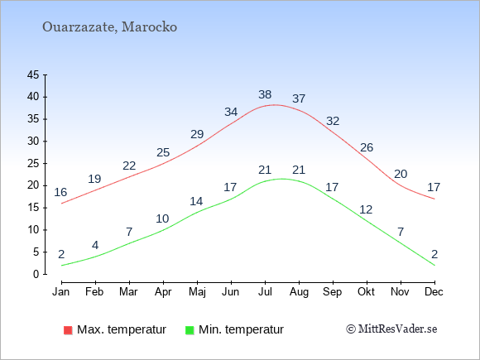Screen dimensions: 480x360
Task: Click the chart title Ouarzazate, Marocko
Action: (x=109, y=27)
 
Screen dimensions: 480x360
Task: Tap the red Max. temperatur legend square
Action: (x=68, y=330)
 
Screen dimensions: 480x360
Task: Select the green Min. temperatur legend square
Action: (x=190, y=330)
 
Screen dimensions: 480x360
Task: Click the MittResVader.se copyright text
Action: (x=391, y=329)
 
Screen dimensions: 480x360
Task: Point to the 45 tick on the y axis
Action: (x=33, y=74)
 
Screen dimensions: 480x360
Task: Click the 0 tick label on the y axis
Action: (x=36, y=274)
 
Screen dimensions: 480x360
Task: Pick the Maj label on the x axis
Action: (x=197, y=292)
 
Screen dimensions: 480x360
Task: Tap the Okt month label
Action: (x=366, y=292)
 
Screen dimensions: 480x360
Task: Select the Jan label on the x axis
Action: (x=61, y=292)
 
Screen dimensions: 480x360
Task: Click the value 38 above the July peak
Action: (x=265, y=94)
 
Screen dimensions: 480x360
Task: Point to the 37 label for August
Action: (x=299, y=98)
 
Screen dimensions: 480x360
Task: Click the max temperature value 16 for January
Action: (x=60, y=192)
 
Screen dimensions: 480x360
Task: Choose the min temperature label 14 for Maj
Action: (x=196, y=201)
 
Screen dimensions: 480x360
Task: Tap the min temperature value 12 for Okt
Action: (x=366, y=209)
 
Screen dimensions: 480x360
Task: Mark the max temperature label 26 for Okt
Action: (x=367, y=148)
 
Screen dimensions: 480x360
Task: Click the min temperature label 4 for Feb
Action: (x=95, y=246)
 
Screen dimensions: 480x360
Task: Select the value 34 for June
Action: (x=231, y=112)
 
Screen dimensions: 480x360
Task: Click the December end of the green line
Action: (x=434, y=265)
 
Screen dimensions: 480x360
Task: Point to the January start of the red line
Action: (x=62, y=204)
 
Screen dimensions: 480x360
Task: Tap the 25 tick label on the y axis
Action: (x=33, y=164)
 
